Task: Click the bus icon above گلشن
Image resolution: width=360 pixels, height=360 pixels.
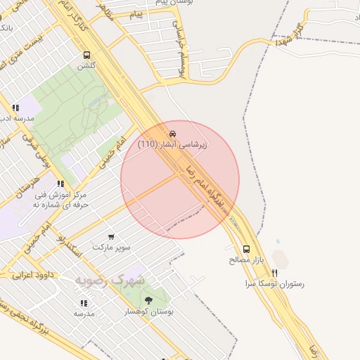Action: click(86, 55)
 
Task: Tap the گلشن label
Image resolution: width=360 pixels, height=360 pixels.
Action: click(86, 66)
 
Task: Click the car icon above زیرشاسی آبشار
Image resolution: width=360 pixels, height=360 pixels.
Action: click(173, 134)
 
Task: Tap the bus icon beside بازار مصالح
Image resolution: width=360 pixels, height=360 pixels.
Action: click(246, 248)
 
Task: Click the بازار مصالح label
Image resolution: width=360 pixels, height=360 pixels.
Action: click(246, 259)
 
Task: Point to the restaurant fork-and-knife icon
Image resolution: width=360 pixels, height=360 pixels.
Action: click(275, 273)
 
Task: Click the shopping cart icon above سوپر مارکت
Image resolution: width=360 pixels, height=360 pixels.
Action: click(111, 237)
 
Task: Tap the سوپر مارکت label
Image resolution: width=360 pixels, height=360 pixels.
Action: click(112, 248)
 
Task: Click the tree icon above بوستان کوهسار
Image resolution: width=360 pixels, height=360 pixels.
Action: click(148, 300)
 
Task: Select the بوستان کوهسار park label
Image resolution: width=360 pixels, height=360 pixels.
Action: click(149, 311)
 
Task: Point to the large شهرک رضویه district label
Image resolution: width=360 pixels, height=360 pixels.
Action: click(111, 280)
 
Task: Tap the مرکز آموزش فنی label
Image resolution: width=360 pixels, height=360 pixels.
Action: click(60, 194)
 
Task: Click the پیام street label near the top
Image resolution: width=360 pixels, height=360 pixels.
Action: click(136, 13)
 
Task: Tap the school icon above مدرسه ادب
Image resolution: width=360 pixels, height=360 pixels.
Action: click(15, 108)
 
